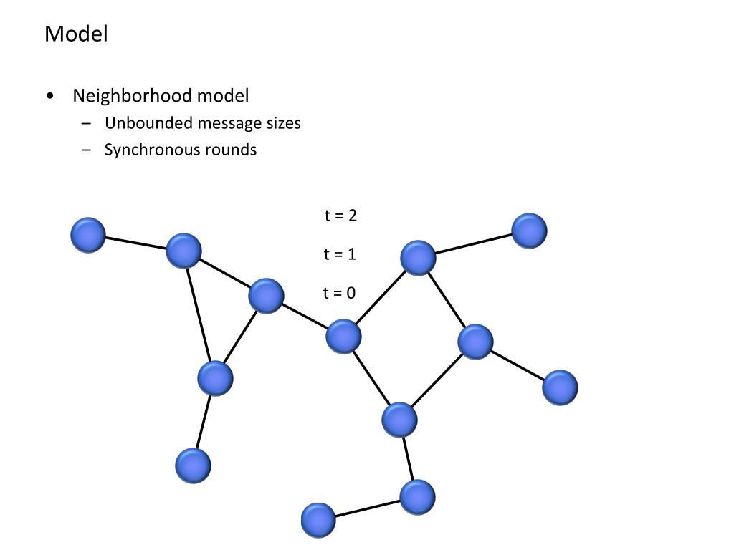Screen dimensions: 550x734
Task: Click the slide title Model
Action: pyautogui.click(x=76, y=34)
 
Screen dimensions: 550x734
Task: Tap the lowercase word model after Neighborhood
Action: pyautogui.click(x=223, y=95)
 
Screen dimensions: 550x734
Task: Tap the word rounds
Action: pyautogui.click(x=231, y=150)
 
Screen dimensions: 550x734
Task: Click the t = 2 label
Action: pyautogui.click(x=340, y=215)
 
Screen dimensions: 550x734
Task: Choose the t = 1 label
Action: pyautogui.click(x=340, y=254)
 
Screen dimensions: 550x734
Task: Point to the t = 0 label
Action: pyautogui.click(x=339, y=293)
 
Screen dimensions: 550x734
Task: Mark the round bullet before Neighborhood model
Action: pyautogui.click(x=49, y=96)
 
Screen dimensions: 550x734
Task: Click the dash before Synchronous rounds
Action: pyautogui.click(x=87, y=150)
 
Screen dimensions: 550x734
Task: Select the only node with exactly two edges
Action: pyautogui.click(x=417, y=497)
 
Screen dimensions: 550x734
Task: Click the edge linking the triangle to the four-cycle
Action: pyautogui.click(x=305, y=316)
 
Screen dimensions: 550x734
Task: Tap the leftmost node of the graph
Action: pyautogui.click(x=88, y=235)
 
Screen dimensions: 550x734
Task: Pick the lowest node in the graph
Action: pyautogui.click(x=318, y=521)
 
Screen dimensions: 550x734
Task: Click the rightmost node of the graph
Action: pyautogui.click(x=560, y=387)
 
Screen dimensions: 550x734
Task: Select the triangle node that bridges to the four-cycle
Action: pyautogui.click(x=267, y=296)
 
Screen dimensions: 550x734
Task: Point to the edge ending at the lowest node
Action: pyautogui.click(x=368, y=508)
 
